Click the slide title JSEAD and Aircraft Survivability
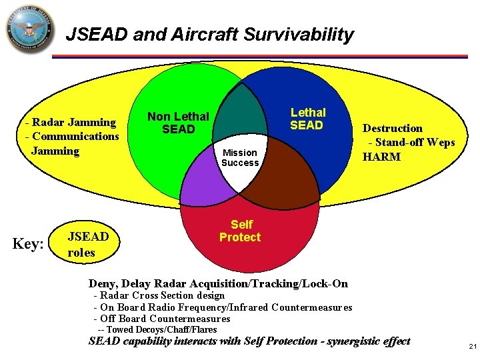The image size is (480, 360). click(209, 35)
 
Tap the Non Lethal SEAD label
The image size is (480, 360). click(178, 123)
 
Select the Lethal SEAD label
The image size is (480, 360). click(307, 119)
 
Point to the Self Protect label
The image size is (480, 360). click(240, 231)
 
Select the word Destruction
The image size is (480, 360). click(392, 128)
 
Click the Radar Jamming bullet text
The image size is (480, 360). click(70, 122)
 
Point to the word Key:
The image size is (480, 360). click(29, 244)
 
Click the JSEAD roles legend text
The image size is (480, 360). click(88, 244)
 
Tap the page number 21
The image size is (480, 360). click(473, 346)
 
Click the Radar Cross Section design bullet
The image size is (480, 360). click(159, 295)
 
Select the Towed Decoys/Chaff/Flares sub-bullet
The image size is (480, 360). click(157, 329)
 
